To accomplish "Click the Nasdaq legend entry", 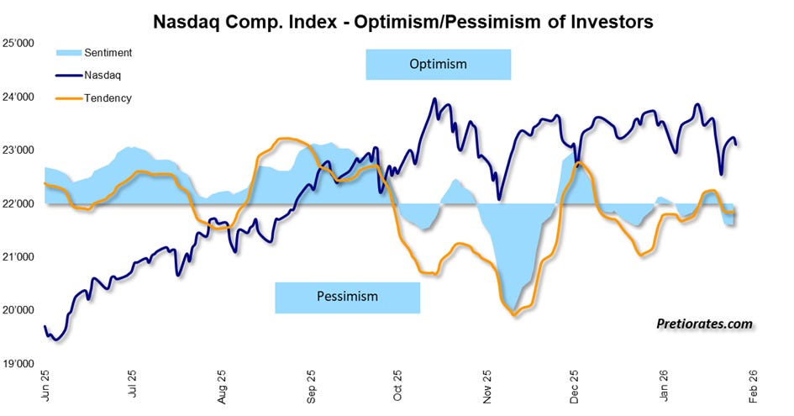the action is (x=88, y=75).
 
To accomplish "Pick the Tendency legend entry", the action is (x=93, y=97).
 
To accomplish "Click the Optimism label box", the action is (x=438, y=65).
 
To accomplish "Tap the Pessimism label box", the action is (x=347, y=298).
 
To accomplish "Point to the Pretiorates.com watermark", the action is (x=704, y=324).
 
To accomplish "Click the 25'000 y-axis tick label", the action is (x=18, y=44).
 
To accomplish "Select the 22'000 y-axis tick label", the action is (x=18, y=203).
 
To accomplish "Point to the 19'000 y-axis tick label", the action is (x=18, y=364).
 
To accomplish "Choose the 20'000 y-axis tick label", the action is (x=18, y=310).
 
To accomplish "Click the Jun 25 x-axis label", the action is (x=45, y=386).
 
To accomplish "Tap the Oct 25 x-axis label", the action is (x=397, y=386).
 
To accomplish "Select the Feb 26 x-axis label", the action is (x=753, y=386).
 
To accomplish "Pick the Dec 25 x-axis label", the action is (x=574, y=386).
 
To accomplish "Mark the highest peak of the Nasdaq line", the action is (x=434, y=99).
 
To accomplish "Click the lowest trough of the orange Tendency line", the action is (x=514, y=315).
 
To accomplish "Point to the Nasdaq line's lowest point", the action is (x=56, y=340).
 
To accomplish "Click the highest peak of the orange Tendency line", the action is (x=285, y=139).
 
